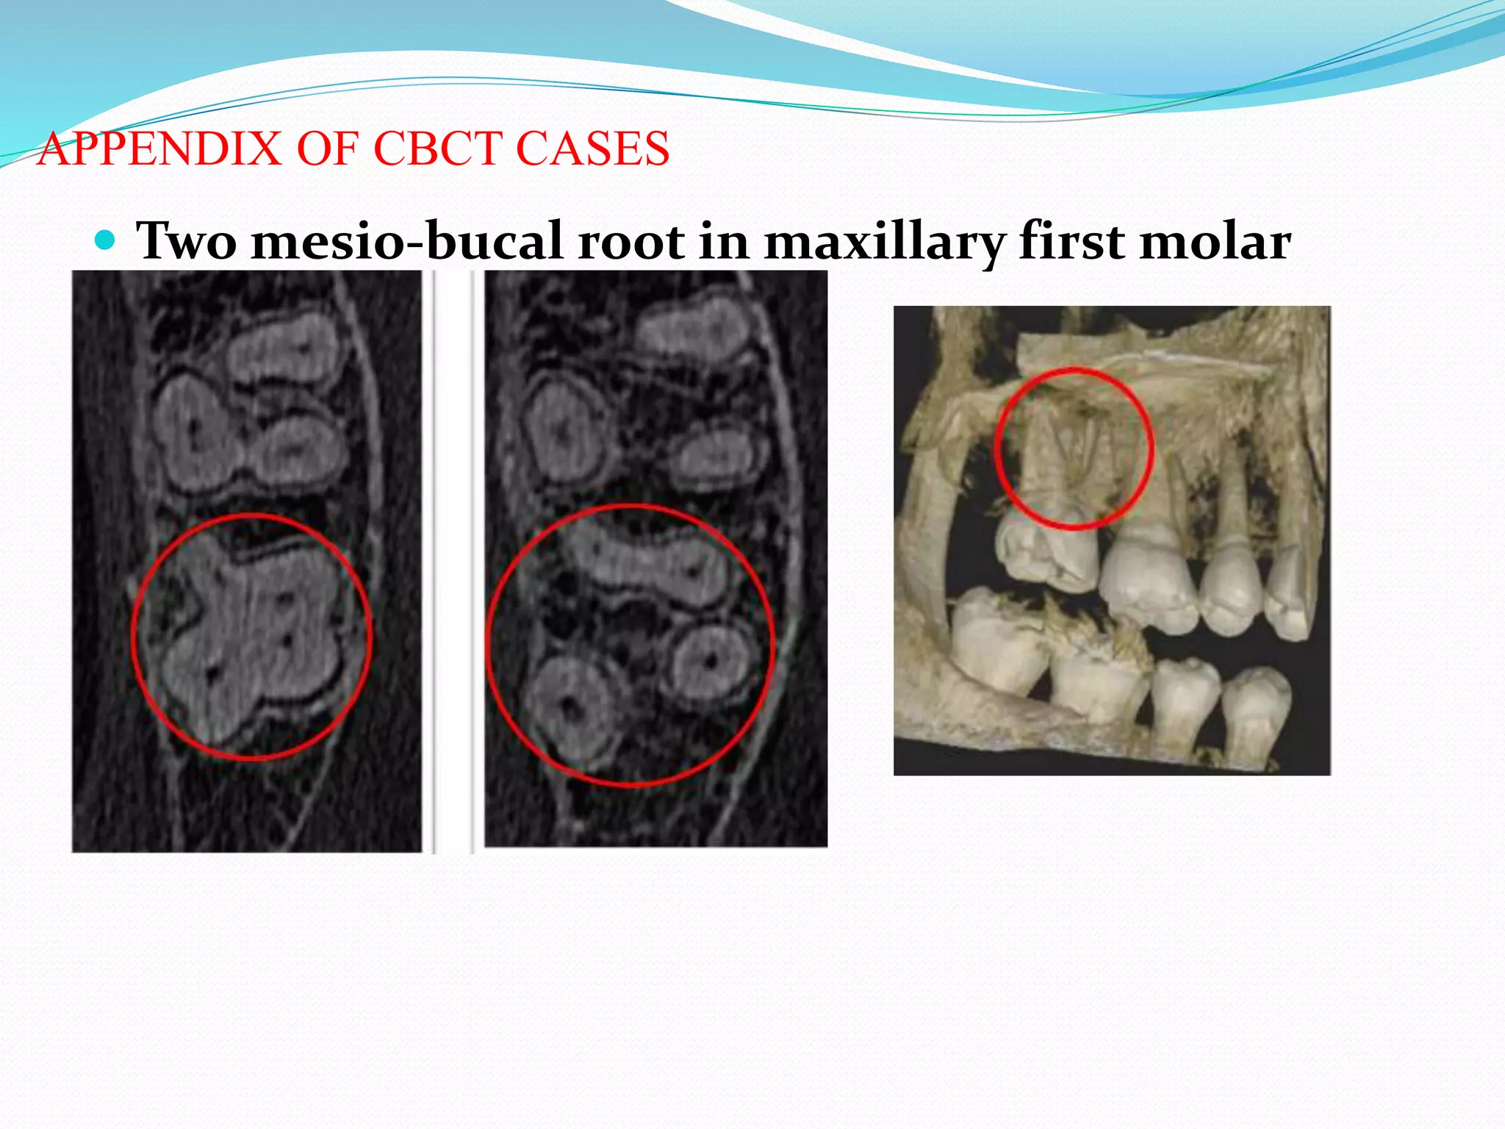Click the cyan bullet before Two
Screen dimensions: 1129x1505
[106, 240]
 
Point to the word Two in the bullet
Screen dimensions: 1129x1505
[187, 241]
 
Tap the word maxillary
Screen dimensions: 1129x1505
[883, 241]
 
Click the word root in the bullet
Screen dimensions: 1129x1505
[631, 241]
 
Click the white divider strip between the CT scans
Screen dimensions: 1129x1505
[453, 559]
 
